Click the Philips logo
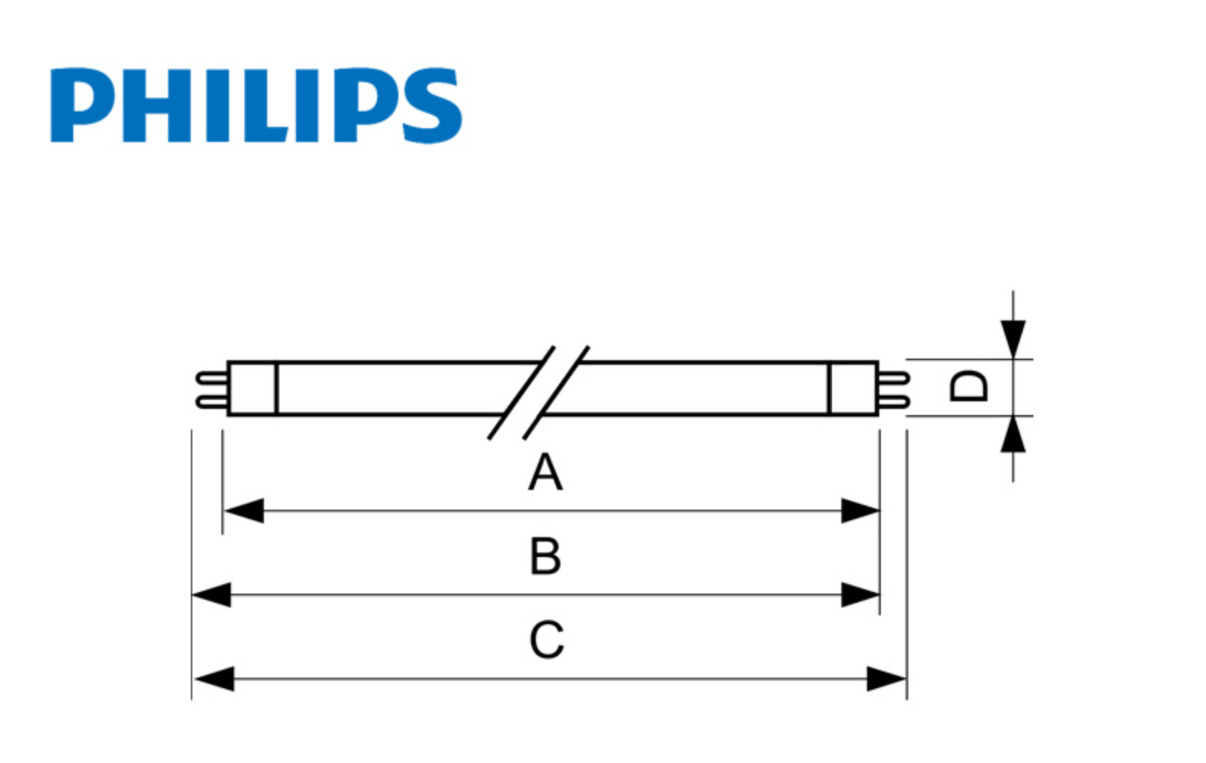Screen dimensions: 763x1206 (x=256, y=105)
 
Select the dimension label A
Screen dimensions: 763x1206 (x=546, y=472)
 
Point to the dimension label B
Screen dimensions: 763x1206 (x=546, y=556)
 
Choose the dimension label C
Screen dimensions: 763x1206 (x=547, y=640)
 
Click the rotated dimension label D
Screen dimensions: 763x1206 (x=969, y=386)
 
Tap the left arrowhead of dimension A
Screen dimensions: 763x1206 (x=243, y=510)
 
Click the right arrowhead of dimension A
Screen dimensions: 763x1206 (x=860, y=510)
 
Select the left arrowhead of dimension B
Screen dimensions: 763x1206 (x=211, y=594)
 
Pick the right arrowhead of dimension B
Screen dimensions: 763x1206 (x=860, y=594)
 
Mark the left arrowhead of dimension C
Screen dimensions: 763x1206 (x=214, y=678)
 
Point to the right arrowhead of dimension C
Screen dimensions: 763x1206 (x=886, y=678)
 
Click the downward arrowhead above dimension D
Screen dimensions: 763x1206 (x=1013, y=339)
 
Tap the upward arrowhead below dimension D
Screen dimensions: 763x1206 (x=1013, y=435)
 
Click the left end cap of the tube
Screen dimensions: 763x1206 (x=252, y=388)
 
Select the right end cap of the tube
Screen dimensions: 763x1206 (x=853, y=388)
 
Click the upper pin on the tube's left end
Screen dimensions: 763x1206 (x=211, y=377)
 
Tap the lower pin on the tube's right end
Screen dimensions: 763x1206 (x=894, y=401)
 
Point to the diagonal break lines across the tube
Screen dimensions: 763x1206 (x=539, y=393)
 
